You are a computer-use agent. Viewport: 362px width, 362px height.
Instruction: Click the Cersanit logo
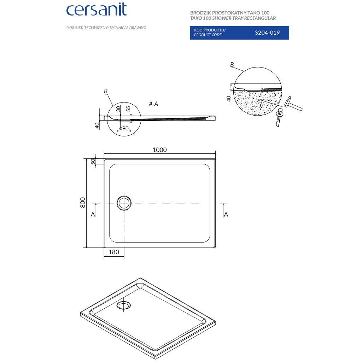(x=96, y=10)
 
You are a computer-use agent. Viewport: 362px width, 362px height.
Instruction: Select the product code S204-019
(x=267, y=33)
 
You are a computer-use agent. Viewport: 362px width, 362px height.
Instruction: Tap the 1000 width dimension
(x=159, y=150)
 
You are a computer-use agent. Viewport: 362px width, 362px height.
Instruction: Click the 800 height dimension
(x=83, y=202)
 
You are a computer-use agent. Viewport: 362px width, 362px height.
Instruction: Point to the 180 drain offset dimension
(x=113, y=252)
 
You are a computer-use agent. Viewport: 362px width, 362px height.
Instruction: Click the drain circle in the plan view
(x=124, y=203)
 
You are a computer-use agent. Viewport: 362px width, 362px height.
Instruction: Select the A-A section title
(x=153, y=104)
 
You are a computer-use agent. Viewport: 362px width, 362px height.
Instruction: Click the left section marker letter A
(x=93, y=214)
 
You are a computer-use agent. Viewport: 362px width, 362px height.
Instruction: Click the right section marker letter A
(x=226, y=214)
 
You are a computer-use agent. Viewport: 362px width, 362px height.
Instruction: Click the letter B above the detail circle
(x=232, y=64)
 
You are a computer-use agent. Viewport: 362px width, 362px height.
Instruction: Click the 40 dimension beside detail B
(x=229, y=99)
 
